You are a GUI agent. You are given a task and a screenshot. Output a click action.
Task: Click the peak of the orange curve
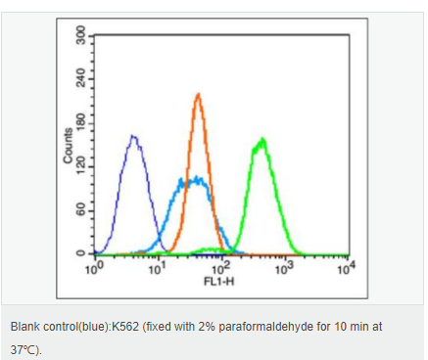(198, 94)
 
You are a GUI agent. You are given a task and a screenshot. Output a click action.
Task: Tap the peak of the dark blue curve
(133, 136)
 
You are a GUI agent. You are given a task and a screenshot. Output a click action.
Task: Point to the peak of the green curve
(262, 139)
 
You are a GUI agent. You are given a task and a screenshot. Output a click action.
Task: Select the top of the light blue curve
(197, 177)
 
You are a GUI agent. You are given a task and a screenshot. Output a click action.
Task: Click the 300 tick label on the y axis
(80, 34)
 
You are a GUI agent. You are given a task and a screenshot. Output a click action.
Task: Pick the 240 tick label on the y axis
(80, 78)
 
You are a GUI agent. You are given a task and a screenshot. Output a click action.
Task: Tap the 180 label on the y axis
(80, 122)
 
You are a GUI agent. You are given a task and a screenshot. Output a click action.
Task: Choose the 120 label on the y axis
(80, 165)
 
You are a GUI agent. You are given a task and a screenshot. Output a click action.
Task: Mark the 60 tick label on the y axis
(80, 209)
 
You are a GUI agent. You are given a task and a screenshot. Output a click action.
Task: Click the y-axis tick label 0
(80, 253)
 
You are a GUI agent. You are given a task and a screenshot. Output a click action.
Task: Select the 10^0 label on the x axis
(95, 268)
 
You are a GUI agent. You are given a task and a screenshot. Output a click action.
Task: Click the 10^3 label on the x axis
(285, 268)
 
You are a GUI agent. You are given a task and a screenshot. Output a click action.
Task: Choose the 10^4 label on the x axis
(347, 268)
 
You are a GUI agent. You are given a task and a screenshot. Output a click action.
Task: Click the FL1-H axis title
(219, 281)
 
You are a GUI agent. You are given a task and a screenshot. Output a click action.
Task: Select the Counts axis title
(68, 146)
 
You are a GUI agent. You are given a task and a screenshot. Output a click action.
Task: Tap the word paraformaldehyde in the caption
(265, 327)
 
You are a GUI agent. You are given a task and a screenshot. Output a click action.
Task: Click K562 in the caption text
(125, 327)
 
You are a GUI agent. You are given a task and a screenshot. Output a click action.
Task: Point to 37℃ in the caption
(24, 350)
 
